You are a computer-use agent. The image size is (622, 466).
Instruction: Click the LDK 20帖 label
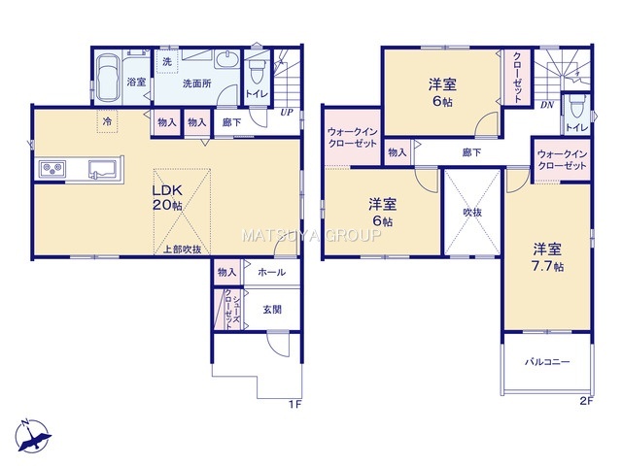(x=167, y=197)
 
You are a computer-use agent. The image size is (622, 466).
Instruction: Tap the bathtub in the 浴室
(x=108, y=79)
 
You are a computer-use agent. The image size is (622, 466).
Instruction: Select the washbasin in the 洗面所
(x=226, y=60)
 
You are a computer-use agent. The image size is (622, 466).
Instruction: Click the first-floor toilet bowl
(x=257, y=71)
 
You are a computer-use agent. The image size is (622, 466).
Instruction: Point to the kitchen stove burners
(x=52, y=168)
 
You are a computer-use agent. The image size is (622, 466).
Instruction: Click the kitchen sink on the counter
(x=103, y=169)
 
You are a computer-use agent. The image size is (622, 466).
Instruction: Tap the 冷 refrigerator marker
(x=107, y=121)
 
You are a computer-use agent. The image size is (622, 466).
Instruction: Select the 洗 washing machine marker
(x=167, y=62)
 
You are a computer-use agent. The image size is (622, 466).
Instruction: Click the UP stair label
(x=287, y=113)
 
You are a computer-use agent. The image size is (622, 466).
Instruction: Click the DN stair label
(x=547, y=105)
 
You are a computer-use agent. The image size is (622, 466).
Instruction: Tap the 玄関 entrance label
(x=272, y=309)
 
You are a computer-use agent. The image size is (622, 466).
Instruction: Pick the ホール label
(x=272, y=272)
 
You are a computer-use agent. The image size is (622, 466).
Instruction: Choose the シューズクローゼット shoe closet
(x=229, y=309)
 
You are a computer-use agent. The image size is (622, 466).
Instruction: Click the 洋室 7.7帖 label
(x=547, y=257)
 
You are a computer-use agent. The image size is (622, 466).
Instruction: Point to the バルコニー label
(x=547, y=362)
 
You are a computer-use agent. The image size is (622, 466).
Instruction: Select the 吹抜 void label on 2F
(x=472, y=213)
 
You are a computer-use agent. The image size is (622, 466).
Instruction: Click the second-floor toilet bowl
(x=572, y=106)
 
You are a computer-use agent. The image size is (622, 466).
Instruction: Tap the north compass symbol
(x=34, y=436)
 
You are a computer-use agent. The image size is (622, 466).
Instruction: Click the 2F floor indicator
(x=586, y=401)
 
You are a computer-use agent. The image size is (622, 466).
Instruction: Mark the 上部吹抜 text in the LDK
(x=183, y=250)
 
